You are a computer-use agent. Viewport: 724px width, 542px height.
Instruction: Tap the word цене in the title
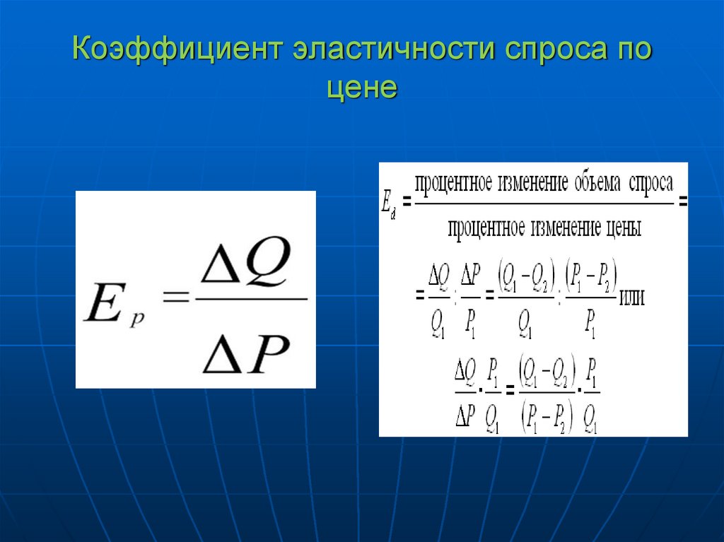pyautogui.click(x=362, y=89)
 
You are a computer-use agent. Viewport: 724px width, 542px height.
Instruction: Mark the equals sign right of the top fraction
pyautogui.click(x=682, y=203)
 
